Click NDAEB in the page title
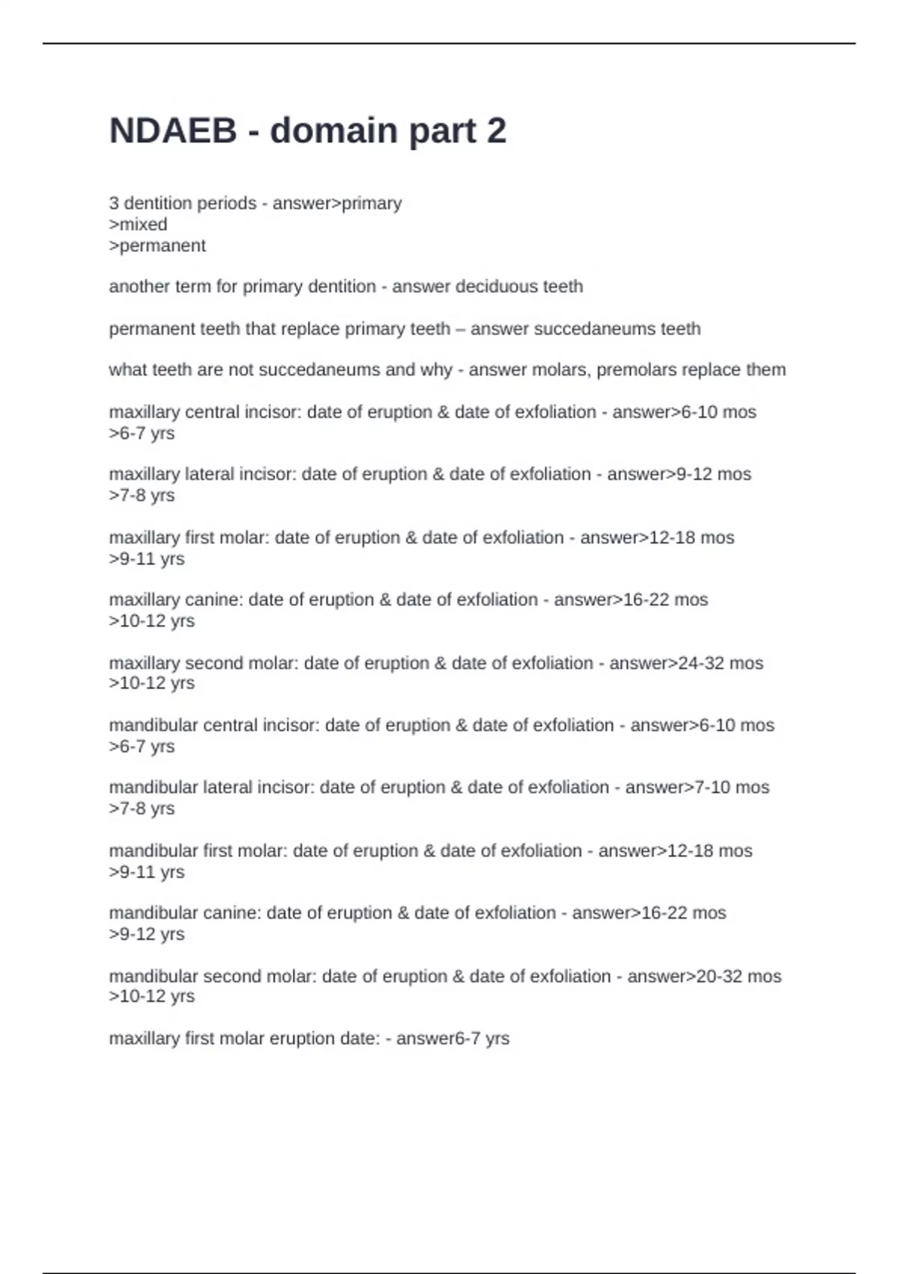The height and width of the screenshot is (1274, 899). pyautogui.click(x=173, y=131)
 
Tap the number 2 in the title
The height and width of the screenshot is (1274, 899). pyautogui.click(x=497, y=131)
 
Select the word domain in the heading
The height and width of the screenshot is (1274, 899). pyautogui.click(x=333, y=131)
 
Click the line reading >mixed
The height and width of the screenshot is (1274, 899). pyautogui.click(x=139, y=224)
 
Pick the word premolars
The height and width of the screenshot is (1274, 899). pyautogui.click(x=637, y=369)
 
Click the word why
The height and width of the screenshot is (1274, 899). pyautogui.click(x=437, y=369)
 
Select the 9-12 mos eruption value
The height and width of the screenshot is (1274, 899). pyautogui.click(x=714, y=474)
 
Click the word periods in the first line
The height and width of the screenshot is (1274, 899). pyautogui.click(x=225, y=203)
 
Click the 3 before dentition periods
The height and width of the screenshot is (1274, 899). pyautogui.click(x=114, y=203)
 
